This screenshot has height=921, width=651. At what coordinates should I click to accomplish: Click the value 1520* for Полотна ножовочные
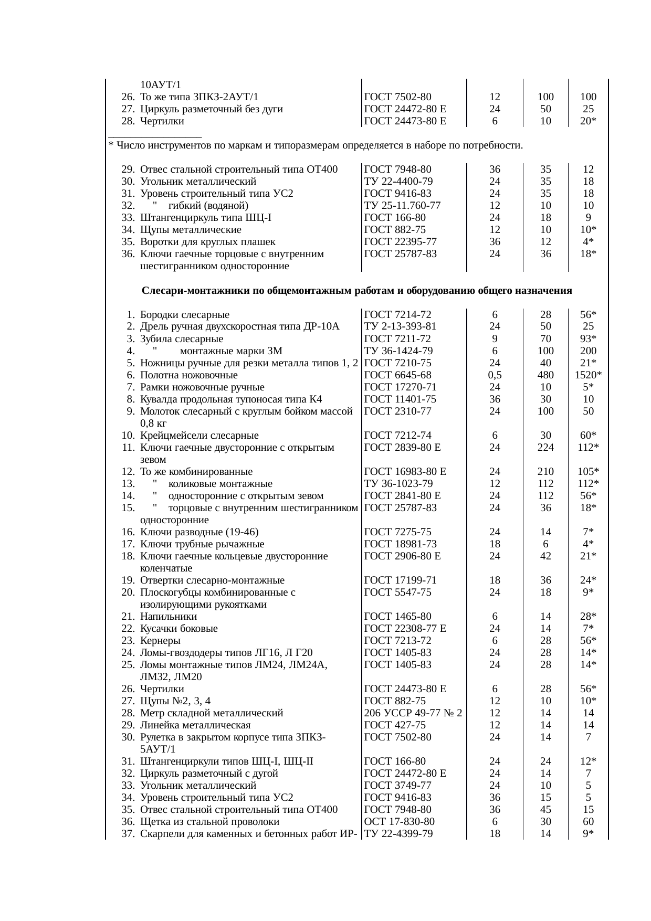588,375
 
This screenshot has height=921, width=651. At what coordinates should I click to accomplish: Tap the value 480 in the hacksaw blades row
545,375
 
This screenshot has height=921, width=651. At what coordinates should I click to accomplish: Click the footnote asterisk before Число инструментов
111,145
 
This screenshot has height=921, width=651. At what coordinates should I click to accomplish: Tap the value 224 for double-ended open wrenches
545,447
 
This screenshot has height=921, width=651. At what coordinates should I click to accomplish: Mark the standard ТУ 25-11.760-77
402,205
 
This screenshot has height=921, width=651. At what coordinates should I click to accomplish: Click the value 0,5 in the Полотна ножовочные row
494,375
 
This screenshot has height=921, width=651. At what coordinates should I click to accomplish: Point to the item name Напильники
169,616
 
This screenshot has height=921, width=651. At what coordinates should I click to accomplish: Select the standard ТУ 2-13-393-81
400,326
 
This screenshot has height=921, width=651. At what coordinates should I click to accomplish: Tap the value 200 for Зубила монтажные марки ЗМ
588,351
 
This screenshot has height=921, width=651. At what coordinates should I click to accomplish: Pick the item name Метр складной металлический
212,713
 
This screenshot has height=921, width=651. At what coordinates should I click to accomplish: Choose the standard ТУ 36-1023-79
398,483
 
